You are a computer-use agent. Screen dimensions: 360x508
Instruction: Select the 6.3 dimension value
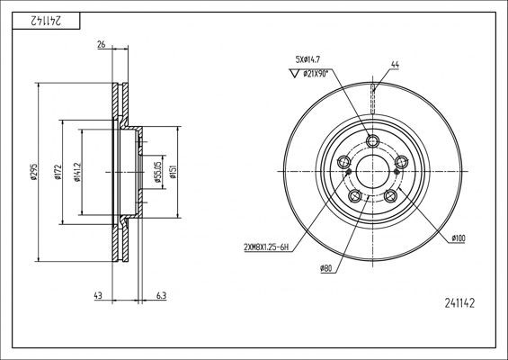pos(160,296)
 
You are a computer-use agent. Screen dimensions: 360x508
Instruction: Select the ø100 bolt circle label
pos(458,237)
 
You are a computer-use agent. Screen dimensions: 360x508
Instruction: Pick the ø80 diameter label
pos(326,268)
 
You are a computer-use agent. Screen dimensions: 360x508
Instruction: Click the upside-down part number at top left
pos(35,19)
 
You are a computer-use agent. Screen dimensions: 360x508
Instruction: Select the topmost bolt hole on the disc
pos(373,140)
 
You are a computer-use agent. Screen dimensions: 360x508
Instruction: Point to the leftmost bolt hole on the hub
pos(344,162)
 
